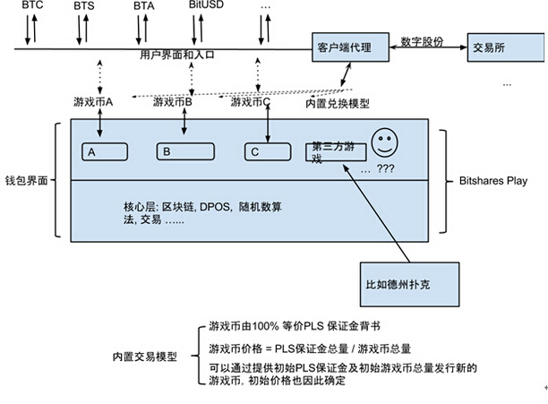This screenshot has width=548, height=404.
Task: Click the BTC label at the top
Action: pos(33,6)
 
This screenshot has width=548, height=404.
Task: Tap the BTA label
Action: pos(143,6)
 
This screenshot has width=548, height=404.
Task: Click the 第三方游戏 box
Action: pos(332,152)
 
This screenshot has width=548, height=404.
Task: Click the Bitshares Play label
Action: pos(498,180)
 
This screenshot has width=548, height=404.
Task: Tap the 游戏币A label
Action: pos(94,102)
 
